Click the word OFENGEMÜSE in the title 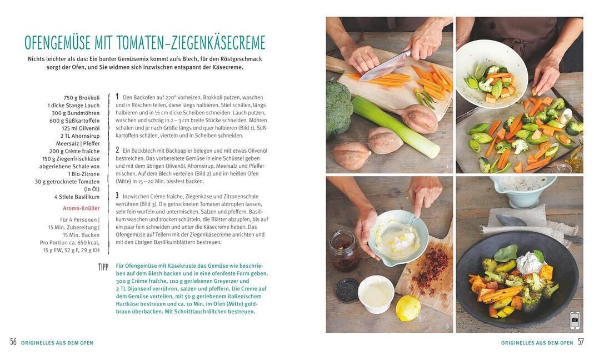[x=58, y=42]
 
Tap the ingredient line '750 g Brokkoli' [x=82, y=98]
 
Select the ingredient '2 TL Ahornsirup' [x=80, y=136]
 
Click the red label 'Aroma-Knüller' [x=81, y=208]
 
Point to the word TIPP [x=103, y=267]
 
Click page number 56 [x=13, y=342]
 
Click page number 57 [x=581, y=342]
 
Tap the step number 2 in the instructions [x=117, y=150]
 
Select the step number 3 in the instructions [x=117, y=196]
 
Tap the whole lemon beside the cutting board [x=408, y=307]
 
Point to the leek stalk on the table [x=395, y=126]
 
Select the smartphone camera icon [x=575, y=320]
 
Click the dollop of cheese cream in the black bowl [x=529, y=262]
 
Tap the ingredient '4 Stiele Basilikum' [x=77, y=197]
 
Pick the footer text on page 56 [x=57, y=343]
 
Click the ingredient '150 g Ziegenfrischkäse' [x=71, y=158]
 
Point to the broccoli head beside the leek [x=338, y=108]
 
